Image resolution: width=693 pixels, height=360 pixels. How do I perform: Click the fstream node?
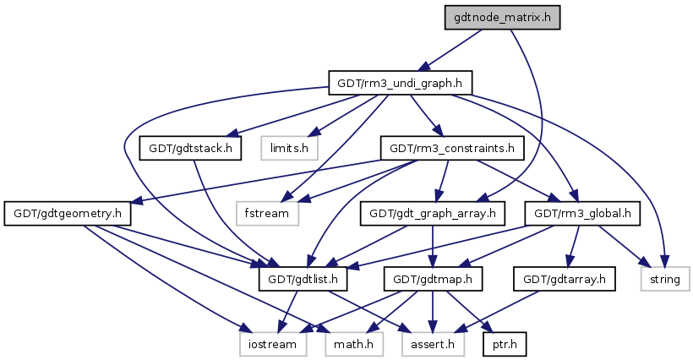pyautogui.click(x=268, y=213)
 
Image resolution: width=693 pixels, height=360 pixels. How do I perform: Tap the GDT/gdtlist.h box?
pyautogui.click(x=303, y=278)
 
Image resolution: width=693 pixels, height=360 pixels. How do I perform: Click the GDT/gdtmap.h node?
pyautogui.click(x=433, y=278)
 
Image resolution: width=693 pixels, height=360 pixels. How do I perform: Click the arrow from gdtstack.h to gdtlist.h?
pyautogui.click(x=232, y=211)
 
